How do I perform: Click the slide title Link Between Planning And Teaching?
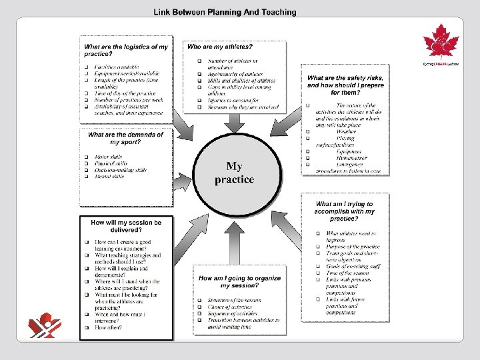[225, 12]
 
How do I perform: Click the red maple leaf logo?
[441, 43]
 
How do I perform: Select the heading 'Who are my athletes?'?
[220, 47]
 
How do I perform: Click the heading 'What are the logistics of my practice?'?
[125, 51]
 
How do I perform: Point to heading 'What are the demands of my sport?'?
[125, 138]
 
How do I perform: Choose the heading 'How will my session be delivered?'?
[126, 226]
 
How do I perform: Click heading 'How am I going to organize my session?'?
[239, 281]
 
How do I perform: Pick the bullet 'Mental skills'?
[110, 177]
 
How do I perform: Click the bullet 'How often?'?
[109, 327]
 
